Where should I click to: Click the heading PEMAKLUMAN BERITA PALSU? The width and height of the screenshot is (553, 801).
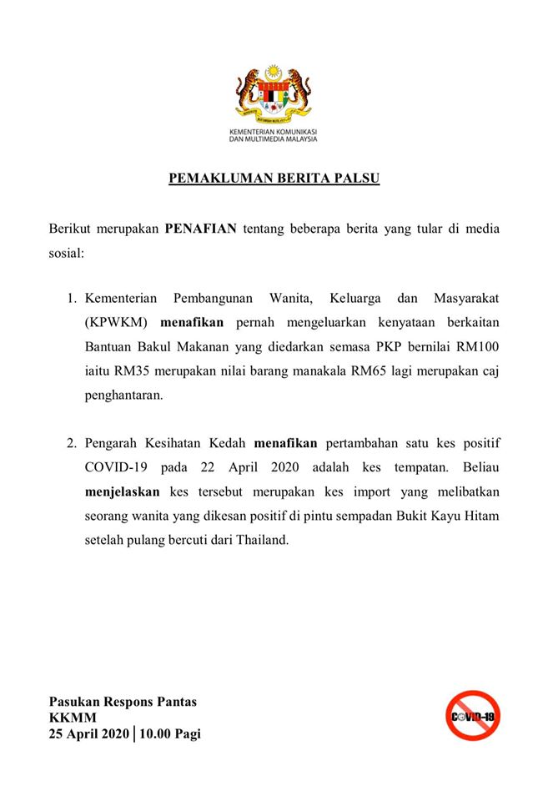274,179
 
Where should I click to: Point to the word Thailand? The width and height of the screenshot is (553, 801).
261,540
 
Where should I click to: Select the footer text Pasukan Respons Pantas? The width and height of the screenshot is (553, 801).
123,701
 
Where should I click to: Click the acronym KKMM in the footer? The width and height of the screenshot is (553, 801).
73,718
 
